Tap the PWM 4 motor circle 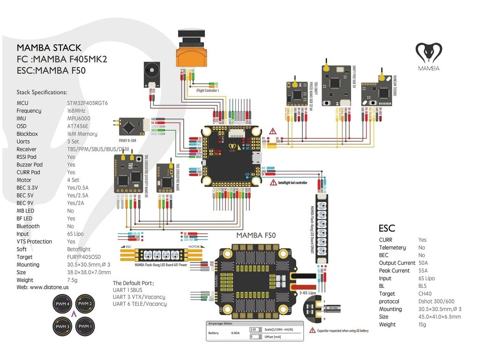[62, 305]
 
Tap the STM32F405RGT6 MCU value [88, 103]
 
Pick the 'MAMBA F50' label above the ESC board [256, 235]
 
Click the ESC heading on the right [387, 228]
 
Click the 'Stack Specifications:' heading [42, 92]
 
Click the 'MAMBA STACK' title [49, 48]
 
